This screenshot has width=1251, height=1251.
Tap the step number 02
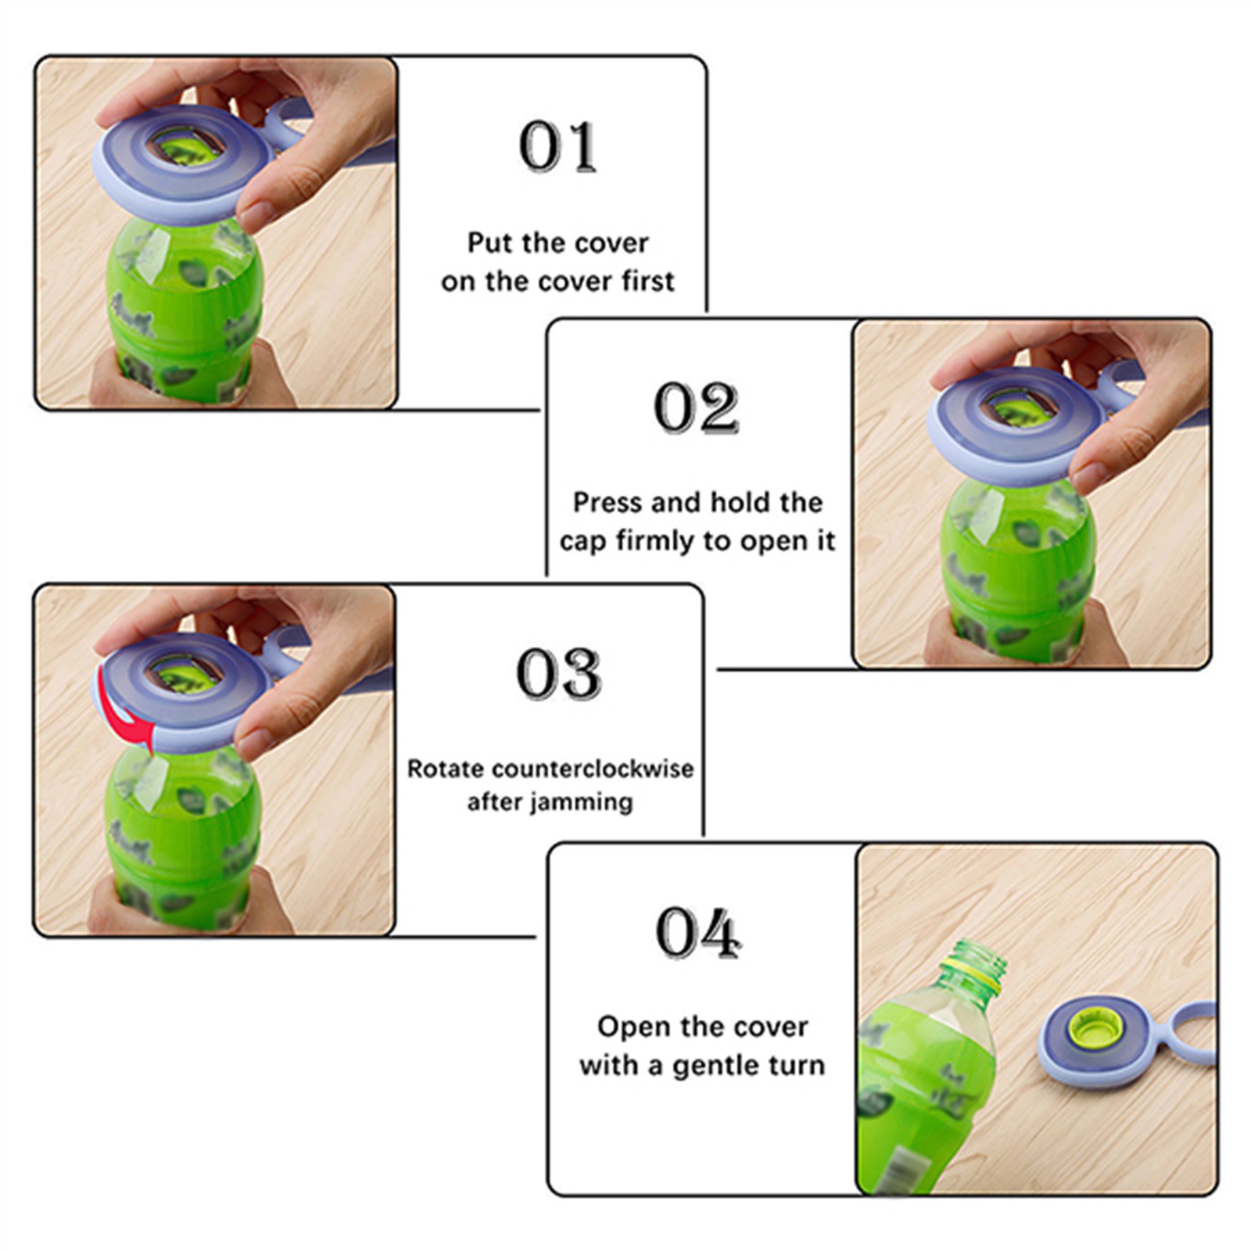click(x=696, y=407)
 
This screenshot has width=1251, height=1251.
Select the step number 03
click(x=558, y=673)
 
